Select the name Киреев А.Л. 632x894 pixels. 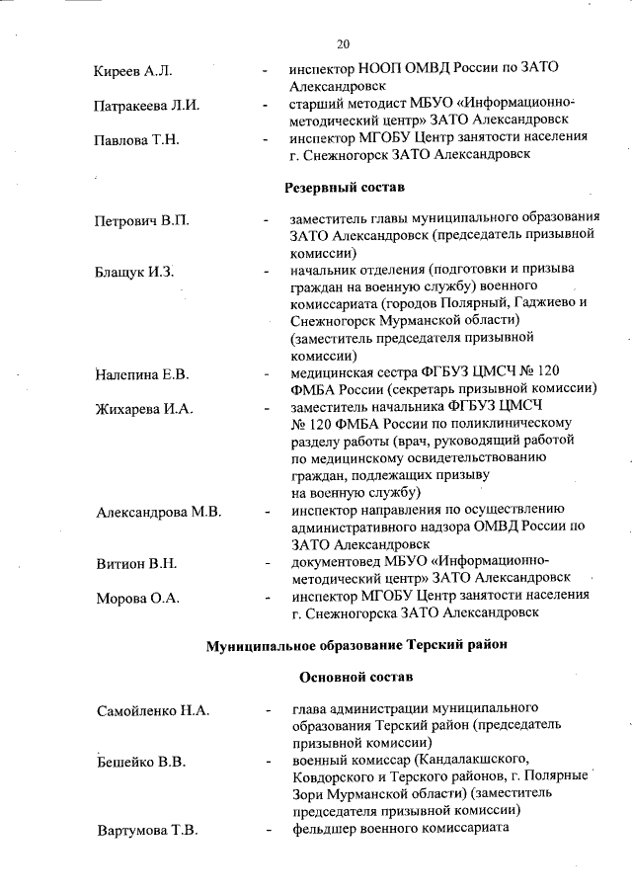click(x=133, y=71)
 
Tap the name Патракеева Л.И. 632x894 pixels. click(x=147, y=105)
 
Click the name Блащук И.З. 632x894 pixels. click(x=134, y=272)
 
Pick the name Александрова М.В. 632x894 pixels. click(x=158, y=512)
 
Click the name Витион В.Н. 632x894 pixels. click(x=136, y=564)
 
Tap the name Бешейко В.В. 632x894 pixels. click(x=141, y=763)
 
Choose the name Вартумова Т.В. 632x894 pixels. click(x=147, y=830)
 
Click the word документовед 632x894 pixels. click(x=340, y=561)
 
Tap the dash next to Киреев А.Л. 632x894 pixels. click(x=265, y=71)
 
